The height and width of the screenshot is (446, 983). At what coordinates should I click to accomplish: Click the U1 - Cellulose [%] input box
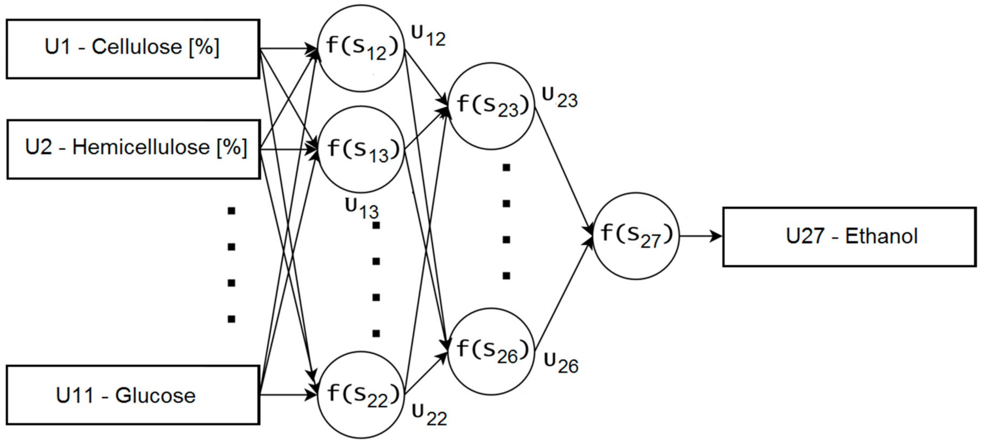point(133,49)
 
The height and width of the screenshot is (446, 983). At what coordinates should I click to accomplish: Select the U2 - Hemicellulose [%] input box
point(133,149)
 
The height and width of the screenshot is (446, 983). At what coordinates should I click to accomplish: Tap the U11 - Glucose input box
point(133,395)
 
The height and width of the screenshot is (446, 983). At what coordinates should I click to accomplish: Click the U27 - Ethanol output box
point(849,237)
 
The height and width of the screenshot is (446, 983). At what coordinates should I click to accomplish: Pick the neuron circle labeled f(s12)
point(361,48)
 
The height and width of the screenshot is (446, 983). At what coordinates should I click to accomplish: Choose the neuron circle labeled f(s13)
point(361,149)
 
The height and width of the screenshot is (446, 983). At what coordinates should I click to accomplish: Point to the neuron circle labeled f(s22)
point(361,395)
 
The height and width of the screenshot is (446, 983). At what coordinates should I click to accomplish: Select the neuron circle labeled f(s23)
point(491,106)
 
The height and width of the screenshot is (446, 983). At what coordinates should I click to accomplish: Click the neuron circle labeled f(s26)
point(491,351)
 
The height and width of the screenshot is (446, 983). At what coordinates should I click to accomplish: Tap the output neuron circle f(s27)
point(636,236)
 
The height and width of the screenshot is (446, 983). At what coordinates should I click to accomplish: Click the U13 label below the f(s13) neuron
point(361,209)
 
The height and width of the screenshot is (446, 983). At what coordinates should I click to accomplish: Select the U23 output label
point(559,97)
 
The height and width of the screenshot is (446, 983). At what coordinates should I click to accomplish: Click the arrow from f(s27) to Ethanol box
point(700,236)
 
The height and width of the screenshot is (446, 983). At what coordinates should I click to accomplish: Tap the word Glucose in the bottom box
point(155,396)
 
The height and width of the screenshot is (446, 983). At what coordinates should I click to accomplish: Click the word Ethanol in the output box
point(881,236)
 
